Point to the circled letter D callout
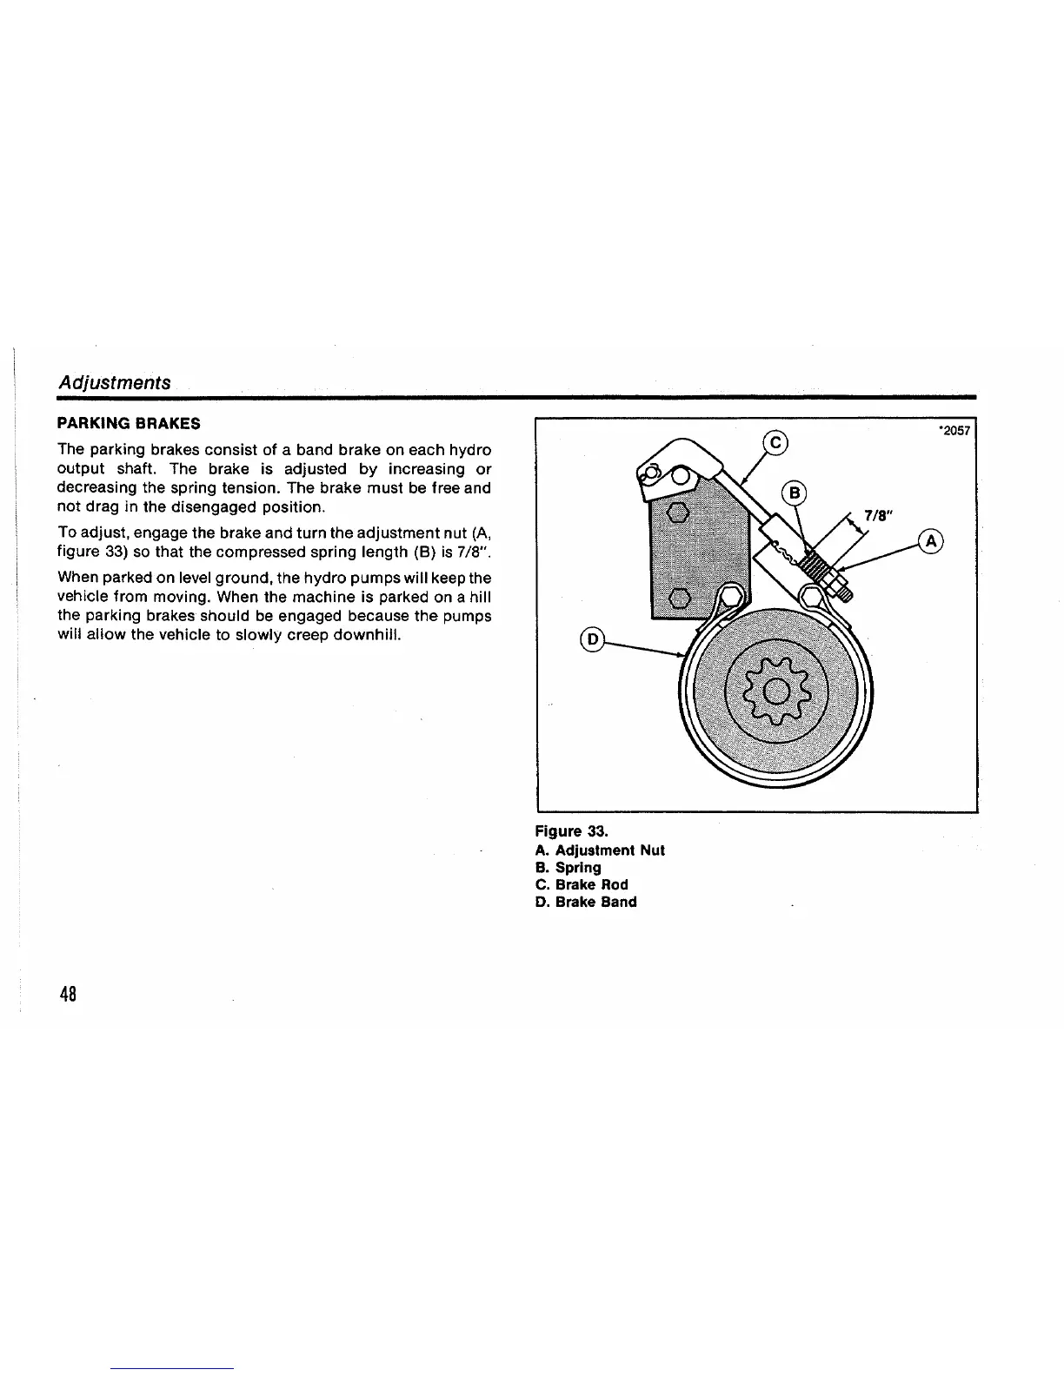(594, 639)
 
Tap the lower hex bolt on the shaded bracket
(679, 598)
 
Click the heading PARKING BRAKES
(129, 424)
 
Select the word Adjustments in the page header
(114, 383)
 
